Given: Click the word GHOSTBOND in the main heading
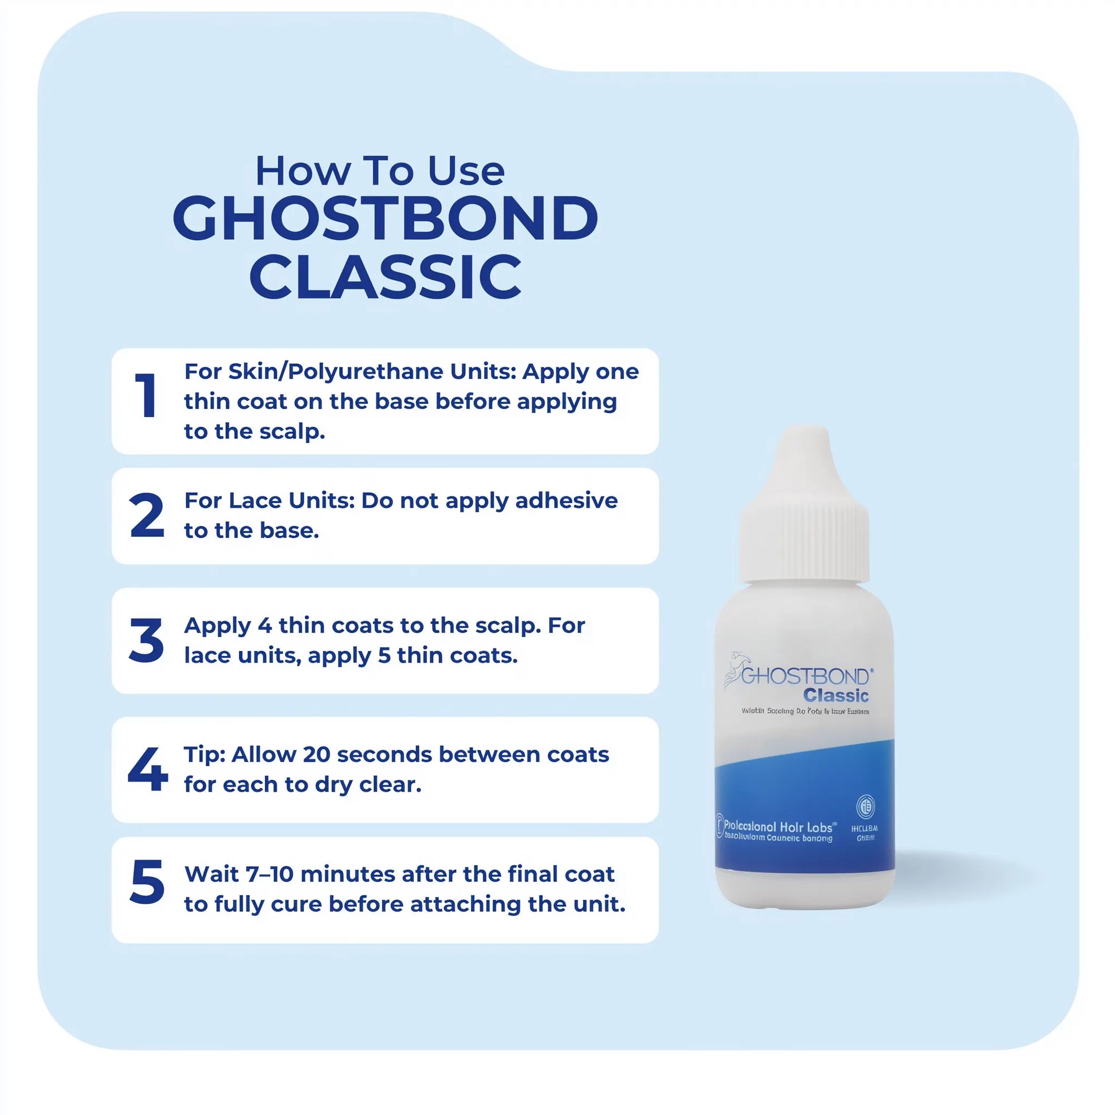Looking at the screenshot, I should point(385,219).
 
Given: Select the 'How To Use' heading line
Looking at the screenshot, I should point(380,171).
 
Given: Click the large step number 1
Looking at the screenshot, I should point(147,395).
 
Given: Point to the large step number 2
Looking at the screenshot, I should point(147,515).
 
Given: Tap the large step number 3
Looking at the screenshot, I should point(147,641).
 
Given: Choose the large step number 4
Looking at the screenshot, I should point(148,769).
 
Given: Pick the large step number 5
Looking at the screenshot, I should point(147,882).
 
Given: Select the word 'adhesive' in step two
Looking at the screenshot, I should point(566,501).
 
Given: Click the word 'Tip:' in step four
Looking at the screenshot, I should point(205,755).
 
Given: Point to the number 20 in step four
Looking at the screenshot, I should point(316,755).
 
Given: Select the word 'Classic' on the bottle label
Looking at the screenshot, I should point(835,696).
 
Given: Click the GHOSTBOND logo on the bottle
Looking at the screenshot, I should point(802,675).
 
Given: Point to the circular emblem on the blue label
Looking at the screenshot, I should point(865,807).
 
